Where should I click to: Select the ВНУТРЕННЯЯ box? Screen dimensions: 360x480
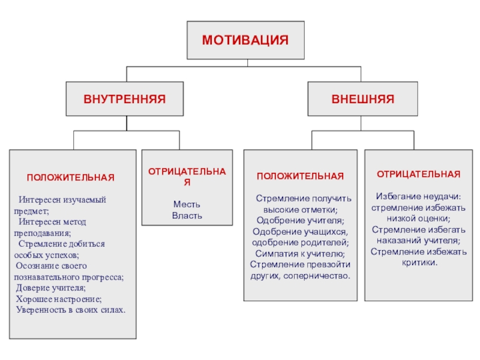coord(124,97)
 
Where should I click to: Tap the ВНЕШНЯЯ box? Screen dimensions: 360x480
coord(362,97)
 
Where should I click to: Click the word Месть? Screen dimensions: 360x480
coord(187,204)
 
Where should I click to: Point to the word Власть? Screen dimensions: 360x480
coord(187,215)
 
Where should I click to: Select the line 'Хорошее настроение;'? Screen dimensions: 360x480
coord(58,299)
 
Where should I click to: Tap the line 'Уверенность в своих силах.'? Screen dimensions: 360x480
coord(70,310)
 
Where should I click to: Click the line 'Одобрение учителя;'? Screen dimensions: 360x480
coord(300,220)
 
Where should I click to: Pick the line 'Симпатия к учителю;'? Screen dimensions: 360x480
coord(300,253)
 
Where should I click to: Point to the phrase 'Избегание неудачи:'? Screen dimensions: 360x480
coord(418,196)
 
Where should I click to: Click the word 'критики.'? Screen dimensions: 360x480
coord(418,263)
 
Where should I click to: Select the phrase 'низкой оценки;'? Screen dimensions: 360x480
coord(418,218)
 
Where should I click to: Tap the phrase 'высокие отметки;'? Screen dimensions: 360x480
coord(300,209)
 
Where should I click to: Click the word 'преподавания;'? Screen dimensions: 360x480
coord(42,233)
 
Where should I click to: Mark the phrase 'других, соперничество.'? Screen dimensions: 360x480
coord(300,275)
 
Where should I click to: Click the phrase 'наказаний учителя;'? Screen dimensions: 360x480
coord(418,241)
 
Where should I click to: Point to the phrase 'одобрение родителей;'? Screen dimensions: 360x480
coord(300,242)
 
